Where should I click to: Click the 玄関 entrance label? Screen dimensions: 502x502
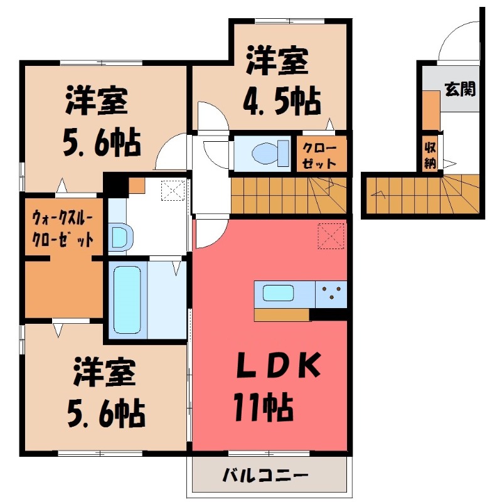[460, 89]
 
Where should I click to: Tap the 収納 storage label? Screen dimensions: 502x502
[430, 153]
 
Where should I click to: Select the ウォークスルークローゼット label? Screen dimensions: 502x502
[63, 230]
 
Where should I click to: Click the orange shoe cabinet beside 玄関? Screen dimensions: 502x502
[430, 110]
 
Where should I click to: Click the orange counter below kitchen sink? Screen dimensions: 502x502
[282, 314]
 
